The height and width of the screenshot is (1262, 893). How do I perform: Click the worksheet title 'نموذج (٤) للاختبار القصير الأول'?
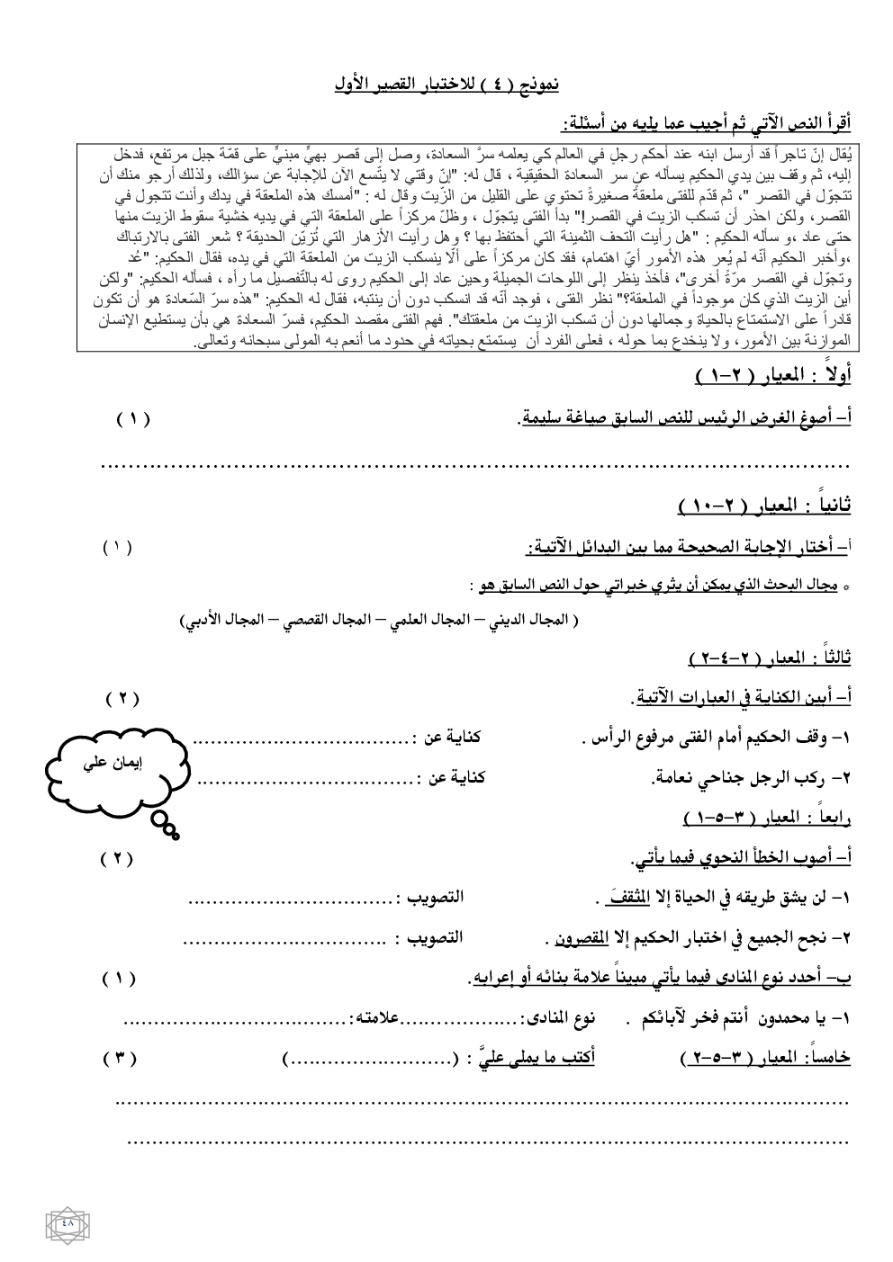point(445,85)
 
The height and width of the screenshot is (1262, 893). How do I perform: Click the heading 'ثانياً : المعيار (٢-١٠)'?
point(763,509)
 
